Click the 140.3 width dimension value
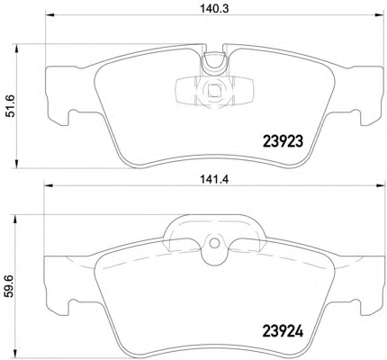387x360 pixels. (214, 8)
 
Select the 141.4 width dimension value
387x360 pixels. (214, 179)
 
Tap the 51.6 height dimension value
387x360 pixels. (11, 105)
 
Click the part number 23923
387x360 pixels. (283, 141)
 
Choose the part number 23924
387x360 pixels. (283, 331)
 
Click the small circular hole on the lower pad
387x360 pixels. (214, 243)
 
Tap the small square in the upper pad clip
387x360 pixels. (214, 91)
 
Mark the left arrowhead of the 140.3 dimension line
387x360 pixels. (49, 14)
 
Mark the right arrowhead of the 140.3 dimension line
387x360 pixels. (380, 14)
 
